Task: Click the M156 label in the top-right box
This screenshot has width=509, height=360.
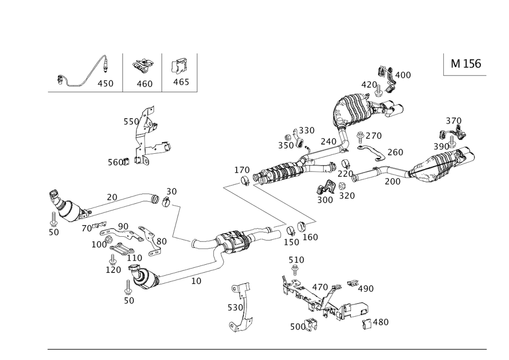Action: pyautogui.click(x=466, y=64)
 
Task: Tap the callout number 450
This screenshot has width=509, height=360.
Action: pyautogui.click(x=105, y=83)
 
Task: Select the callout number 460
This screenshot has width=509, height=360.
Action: pyautogui.click(x=145, y=84)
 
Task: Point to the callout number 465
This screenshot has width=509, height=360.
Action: pyautogui.click(x=181, y=82)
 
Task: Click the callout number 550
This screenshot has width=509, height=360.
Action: pyautogui.click(x=130, y=122)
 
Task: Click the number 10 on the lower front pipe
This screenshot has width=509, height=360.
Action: pyautogui.click(x=196, y=280)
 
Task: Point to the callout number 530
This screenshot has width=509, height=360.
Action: pyautogui.click(x=235, y=308)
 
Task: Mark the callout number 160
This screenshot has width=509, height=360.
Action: pyautogui.click(x=309, y=237)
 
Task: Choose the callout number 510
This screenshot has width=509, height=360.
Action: pyautogui.click(x=296, y=260)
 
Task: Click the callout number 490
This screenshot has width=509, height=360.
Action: pyautogui.click(x=365, y=288)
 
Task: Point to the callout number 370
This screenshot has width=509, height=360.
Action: pyautogui.click(x=454, y=121)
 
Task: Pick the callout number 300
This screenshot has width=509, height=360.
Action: pyautogui.click(x=324, y=200)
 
